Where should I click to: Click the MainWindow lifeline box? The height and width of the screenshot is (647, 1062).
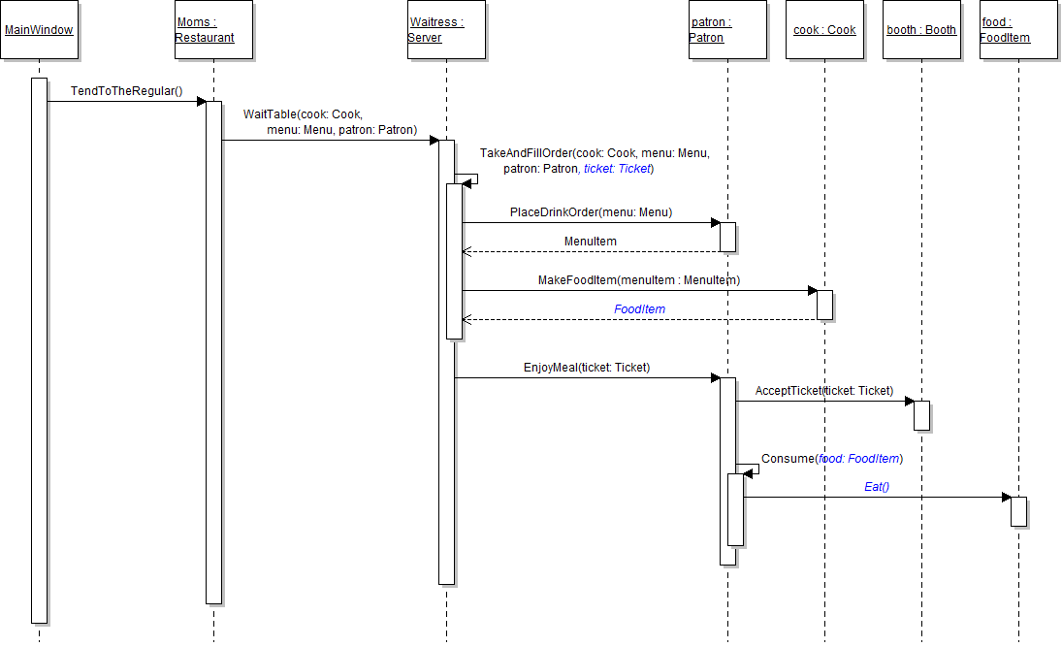pyautogui.click(x=39, y=30)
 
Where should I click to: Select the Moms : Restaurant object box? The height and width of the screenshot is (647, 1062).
pyautogui.click(x=213, y=30)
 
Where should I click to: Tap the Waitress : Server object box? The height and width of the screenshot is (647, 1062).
pyautogui.click(x=446, y=30)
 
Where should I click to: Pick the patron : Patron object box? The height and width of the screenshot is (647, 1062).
pyautogui.click(x=727, y=30)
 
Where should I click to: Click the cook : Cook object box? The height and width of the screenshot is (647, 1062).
pyautogui.click(x=824, y=30)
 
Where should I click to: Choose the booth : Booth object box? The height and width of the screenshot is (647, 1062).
pyautogui.click(x=921, y=30)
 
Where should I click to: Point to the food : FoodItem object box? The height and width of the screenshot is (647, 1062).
pyautogui.click(x=1018, y=30)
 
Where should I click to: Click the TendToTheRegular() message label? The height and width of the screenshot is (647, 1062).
pyautogui.click(x=126, y=91)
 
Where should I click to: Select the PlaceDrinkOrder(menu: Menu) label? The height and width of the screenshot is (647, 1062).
pyautogui.click(x=591, y=212)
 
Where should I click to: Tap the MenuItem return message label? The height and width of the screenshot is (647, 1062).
pyautogui.click(x=590, y=242)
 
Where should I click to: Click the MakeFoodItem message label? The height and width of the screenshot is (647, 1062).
pyautogui.click(x=639, y=280)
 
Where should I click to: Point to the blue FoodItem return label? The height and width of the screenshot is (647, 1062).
pyautogui.click(x=639, y=309)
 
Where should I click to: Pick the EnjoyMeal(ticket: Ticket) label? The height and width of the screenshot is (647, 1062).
pyautogui.click(x=587, y=368)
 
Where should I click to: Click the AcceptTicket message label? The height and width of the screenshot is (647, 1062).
pyautogui.click(x=823, y=391)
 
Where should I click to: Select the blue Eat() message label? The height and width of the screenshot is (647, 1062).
pyautogui.click(x=877, y=487)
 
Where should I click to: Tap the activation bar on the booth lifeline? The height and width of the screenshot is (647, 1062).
pyautogui.click(x=921, y=415)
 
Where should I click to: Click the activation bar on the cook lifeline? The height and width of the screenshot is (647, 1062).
pyautogui.click(x=824, y=305)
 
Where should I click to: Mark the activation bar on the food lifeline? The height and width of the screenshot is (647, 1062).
pyautogui.click(x=1018, y=511)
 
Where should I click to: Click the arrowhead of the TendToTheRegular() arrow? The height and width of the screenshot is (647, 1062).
pyautogui.click(x=201, y=101)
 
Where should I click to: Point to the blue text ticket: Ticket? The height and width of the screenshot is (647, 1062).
pyautogui.click(x=617, y=169)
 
